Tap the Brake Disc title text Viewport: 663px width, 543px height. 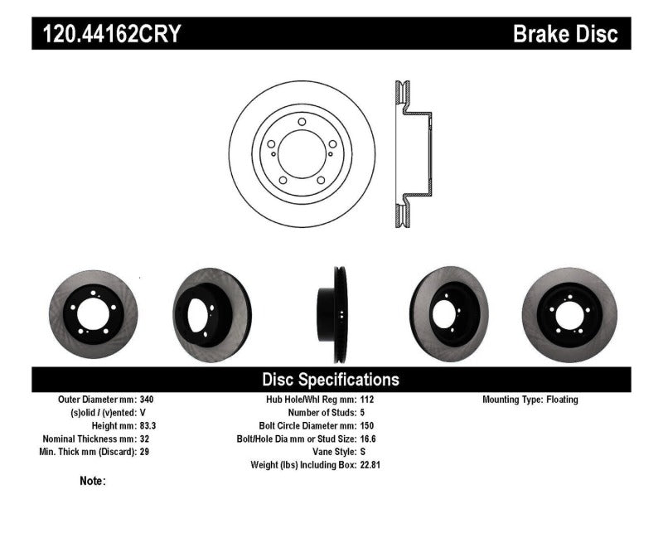(x=565, y=34)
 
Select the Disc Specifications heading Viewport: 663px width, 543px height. (x=331, y=380)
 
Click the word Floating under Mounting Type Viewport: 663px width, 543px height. (x=562, y=400)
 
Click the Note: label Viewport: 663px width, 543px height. (x=93, y=481)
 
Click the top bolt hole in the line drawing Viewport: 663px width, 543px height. (x=302, y=123)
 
